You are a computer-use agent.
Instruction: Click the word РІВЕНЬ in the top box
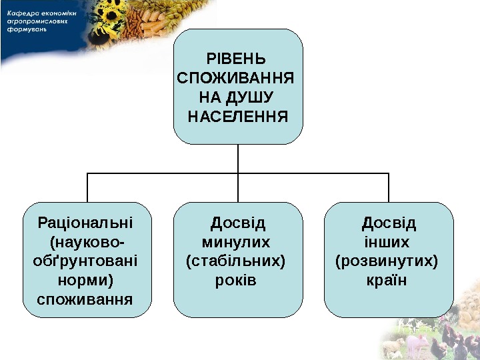tap(237, 58)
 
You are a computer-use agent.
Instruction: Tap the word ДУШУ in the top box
tap(250, 98)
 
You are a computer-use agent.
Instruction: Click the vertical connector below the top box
tap(238, 159)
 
